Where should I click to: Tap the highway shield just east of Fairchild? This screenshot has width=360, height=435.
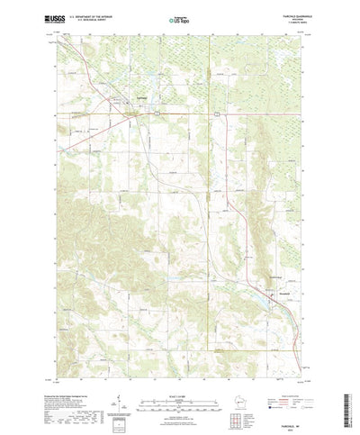pyautogui.click(x=157, y=113)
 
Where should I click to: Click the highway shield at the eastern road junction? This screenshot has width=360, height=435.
pyautogui.click(x=216, y=114)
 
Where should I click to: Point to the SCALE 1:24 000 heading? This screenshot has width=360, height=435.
pyautogui.click(x=179, y=367)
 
